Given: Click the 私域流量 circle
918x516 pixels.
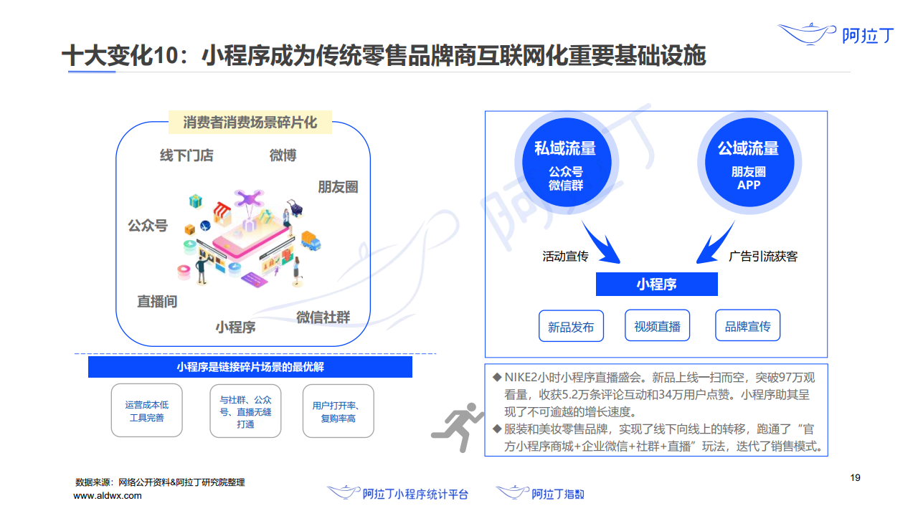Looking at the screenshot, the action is click(x=565, y=164).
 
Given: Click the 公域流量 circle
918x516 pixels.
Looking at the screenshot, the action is click(x=748, y=164).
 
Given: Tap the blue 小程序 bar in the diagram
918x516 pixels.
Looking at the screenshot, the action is click(x=656, y=285).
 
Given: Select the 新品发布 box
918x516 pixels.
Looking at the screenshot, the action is click(x=571, y=326).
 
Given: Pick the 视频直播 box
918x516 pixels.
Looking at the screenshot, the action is click(x=657, y=326).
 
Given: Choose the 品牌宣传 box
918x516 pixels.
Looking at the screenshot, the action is click(x=747, y=326).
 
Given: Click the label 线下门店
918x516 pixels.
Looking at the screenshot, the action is click(x=186, y=156).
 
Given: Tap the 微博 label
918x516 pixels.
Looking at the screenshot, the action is click(x=283, y=156).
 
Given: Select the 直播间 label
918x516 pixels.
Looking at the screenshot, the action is click(x=157, y=302).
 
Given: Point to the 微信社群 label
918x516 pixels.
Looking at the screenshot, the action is click(x=323, y=316).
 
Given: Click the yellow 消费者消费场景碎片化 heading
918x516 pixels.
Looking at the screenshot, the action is click(x=250, y=123).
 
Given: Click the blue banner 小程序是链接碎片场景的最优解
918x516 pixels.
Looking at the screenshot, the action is click(x=250, y=367).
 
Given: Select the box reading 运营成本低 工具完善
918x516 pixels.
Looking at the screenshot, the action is click(x=146, y=411).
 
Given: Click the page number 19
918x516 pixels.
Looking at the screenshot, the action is click(x=854, y=478).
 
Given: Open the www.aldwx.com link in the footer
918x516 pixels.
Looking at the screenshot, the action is click(x=108, y=495).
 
